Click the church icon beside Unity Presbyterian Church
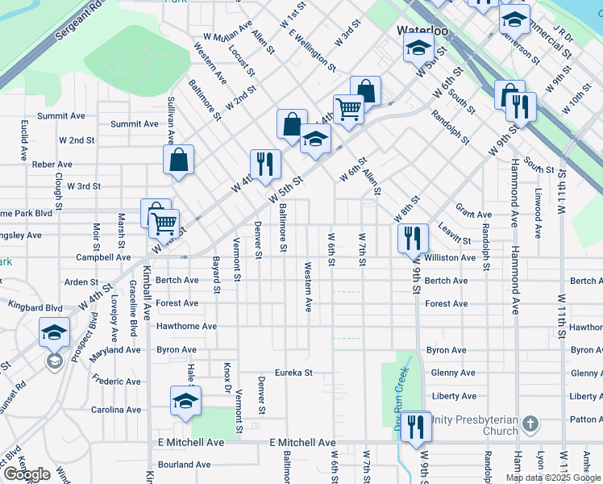(x=530, y=423)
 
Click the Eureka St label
(x=293, y=373)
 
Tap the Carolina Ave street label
(x=115, y=410)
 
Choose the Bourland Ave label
(x=184, y=465)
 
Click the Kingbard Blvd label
(x=35, y=307)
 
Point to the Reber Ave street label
(x=52, y=164)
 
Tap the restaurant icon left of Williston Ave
(x=410, y=237)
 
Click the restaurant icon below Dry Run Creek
(x=416, y=425)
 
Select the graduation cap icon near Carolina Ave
(x=185, y=401)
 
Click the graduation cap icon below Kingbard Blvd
(x=54, y=332)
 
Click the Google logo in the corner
(x=27, y=474)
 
